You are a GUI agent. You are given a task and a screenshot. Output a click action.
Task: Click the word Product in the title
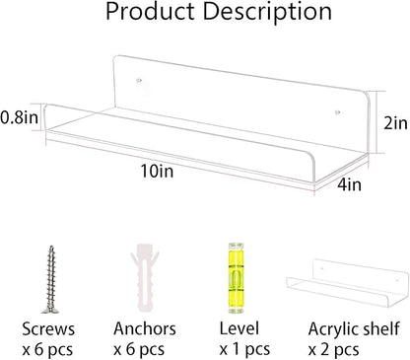coord(150,12)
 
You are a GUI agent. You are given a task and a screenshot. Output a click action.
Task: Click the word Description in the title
coord(267,13)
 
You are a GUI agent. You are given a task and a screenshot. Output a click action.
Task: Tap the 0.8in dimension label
coord(20,117)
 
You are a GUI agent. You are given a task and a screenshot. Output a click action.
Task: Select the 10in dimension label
coord(157,171)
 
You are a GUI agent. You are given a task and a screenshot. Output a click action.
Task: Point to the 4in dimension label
coord(350,184)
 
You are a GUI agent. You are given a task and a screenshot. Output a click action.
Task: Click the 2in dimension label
coord(395,123)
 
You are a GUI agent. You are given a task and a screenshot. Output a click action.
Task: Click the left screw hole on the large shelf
coord(139,80)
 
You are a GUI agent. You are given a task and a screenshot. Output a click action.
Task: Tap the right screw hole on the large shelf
coord(337,112)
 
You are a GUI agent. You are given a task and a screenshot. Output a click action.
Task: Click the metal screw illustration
coord(50,279)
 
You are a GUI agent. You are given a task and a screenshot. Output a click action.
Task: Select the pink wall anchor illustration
coord(145,277)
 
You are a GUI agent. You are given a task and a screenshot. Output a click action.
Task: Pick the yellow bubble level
coord(236,278)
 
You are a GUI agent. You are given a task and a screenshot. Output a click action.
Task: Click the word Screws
coord(48,328)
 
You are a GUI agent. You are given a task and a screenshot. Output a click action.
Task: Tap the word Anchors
coord(145,328)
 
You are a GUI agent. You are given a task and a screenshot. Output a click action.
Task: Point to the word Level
coord(239,328)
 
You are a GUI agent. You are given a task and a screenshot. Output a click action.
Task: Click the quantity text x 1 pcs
coord(244,349)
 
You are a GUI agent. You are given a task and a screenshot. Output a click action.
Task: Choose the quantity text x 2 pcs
coord(333,349)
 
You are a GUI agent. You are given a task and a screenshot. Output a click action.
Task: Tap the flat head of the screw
coord(50,310)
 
